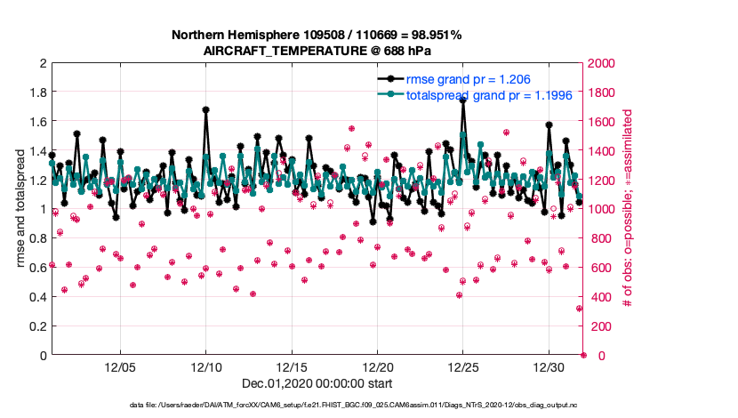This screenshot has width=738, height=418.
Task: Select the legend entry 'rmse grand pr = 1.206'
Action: (468, 80)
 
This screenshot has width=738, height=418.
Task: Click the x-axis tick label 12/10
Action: (206, 367)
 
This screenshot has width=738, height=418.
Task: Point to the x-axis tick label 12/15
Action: (292, 367)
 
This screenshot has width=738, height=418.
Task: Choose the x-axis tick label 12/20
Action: (377, 367)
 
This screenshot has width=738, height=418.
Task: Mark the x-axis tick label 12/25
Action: (462, 367)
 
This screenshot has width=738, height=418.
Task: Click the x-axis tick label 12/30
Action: (548, 367)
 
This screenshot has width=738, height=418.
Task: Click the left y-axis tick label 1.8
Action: (37, 92)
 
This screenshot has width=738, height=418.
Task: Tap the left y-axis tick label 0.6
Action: (37, 268)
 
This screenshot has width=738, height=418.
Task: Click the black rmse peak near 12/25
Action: (462, 100)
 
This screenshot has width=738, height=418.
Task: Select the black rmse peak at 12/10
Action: (206, 110)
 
